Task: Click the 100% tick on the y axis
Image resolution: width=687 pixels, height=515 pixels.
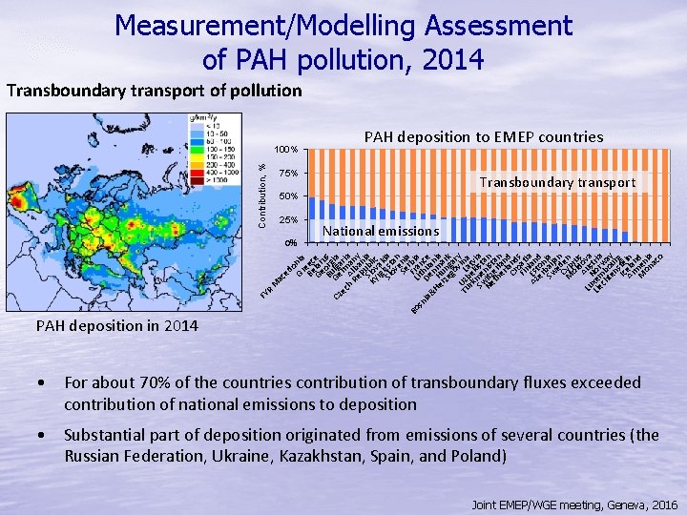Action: (287, 150)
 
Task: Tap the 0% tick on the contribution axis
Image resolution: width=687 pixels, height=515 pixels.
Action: (292, 243)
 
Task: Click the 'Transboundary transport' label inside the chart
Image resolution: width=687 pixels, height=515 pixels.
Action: (557, 182)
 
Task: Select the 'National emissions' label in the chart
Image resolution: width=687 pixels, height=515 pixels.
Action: (381, 230)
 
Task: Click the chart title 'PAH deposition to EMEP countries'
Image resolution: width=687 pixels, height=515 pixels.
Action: (484, 137)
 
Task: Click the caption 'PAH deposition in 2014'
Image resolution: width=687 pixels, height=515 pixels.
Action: (117, 326)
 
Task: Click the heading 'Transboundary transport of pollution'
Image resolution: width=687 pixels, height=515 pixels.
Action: (154, 92)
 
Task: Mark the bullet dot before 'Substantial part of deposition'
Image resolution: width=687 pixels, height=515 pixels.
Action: (41, 435)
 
